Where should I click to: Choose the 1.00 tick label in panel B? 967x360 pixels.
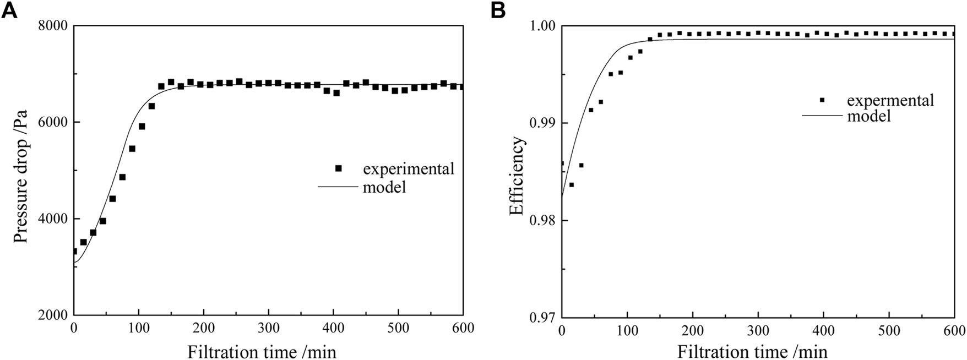[x=540, y=26]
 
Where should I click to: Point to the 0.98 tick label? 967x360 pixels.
[x=540, y=221]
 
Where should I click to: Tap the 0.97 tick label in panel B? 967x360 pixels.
[x=540, y=318]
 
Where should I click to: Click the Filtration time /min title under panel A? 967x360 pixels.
[x=262, y=351]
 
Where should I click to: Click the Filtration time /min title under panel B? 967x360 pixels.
[x=752, y=351]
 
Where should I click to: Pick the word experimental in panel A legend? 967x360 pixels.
[x=408, y=168]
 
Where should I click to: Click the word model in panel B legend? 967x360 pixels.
[x=868, y=116]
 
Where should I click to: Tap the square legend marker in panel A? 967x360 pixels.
[x=339, y=168]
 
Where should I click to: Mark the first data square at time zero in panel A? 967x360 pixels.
[x=75, y=251]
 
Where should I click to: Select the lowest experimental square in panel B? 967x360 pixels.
[x=571, y=184]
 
